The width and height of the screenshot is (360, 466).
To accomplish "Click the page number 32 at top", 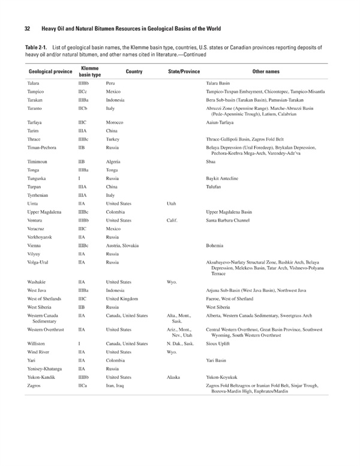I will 28,29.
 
